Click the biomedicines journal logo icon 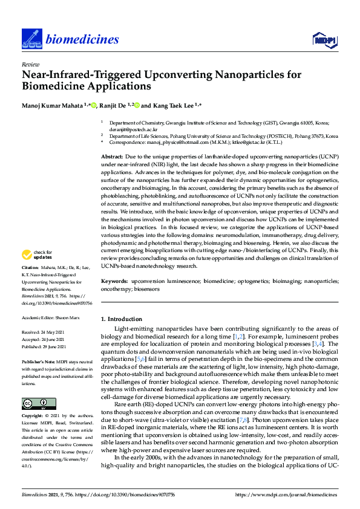pos(31,39)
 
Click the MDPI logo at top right pos(324,40)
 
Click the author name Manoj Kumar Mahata pos(54,105)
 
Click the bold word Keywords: pos(114,282)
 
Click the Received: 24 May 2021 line pos(44,332)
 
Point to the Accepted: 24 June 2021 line pos(45,339)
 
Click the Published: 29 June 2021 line pos(45,346)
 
